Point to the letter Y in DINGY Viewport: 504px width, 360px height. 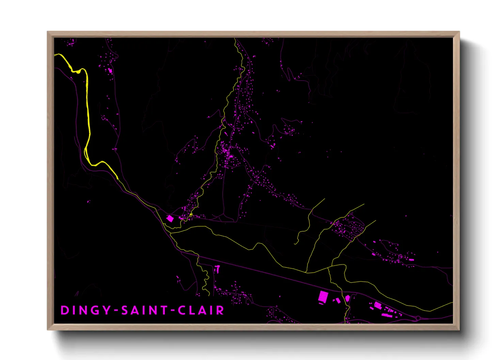point(107,310)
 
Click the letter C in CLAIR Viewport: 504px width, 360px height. point(182,310)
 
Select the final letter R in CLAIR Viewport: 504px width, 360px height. point(220,310)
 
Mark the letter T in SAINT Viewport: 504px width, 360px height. point(164,310)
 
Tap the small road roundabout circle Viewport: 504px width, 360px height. point(418,318)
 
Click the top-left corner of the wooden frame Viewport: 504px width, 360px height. point(48,32)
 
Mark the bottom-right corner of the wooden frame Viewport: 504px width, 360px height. point(459,329)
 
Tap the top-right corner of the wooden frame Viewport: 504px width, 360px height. point(459,32)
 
